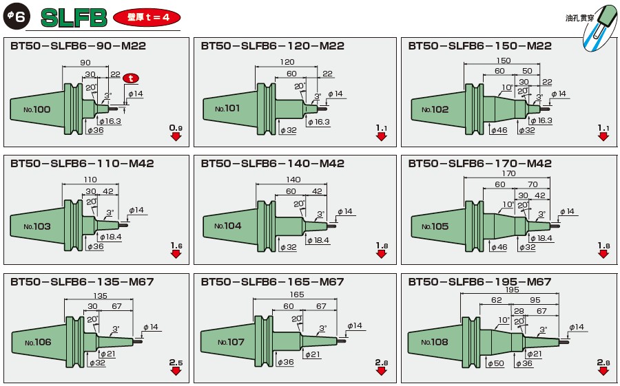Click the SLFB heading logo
pos(74,18)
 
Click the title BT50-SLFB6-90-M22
pos(79,46)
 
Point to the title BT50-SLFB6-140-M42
pos(273,164)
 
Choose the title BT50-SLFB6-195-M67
pos(479,282)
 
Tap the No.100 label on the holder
pos(37,109)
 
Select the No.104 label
pos(228,226)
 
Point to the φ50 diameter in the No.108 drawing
pos(497,363)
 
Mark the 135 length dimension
pos(100,296)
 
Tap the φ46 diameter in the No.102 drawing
pos(497,129)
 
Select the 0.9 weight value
pos(176,128)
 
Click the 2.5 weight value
pos(176,362)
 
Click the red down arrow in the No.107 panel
pos(381,371)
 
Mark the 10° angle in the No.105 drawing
pos(507,204)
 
